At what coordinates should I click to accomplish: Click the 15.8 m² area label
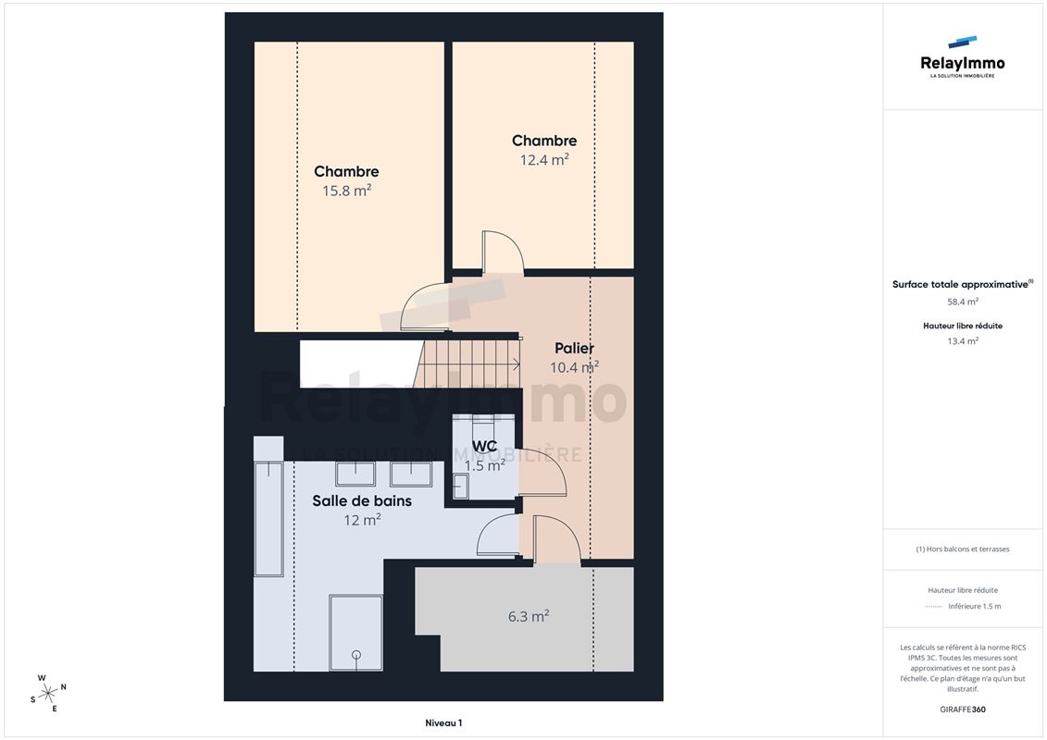coord(346,191)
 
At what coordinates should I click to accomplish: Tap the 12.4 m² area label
coord(544,159)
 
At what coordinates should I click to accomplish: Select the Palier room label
coord(574,348)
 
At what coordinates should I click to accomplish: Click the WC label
coord(484,446)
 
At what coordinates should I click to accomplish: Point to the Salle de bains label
coord(362,500)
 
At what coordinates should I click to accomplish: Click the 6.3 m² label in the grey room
coord(529,617)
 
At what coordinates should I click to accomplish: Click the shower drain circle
coord(355,655)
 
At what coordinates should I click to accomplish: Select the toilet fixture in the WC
coord(461,486)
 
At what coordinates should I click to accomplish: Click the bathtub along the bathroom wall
coord(269,518)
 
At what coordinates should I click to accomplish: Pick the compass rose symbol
coord(48,694)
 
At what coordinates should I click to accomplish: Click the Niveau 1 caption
coord(443,722)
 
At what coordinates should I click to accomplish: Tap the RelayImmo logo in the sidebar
coord(962,57)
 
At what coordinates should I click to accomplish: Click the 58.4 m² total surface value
coord(963,302)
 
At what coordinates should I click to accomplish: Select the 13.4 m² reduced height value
coord(963,341)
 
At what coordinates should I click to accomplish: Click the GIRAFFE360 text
coord(963,709)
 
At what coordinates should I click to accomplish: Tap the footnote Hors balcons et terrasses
coord(963,549)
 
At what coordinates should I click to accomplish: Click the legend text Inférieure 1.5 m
coord(975,607)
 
